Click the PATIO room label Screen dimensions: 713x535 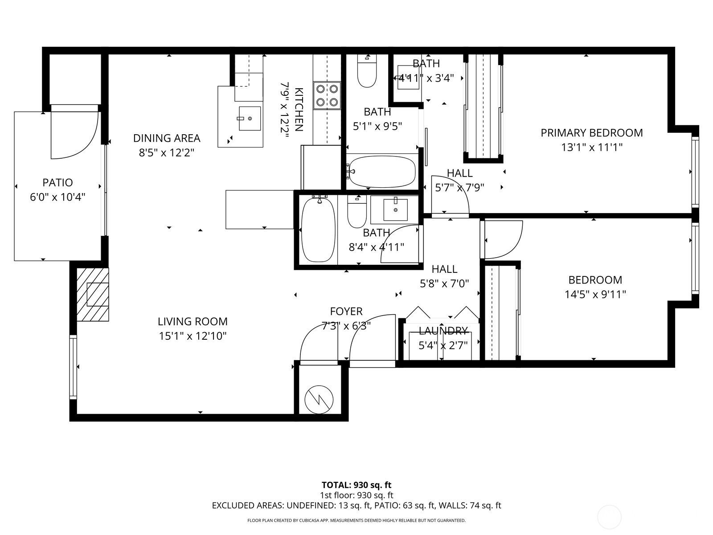click(x=57, y=182)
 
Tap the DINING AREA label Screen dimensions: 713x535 click(x=167, y=138)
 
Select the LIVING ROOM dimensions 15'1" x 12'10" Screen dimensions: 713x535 click(x=193, y=336)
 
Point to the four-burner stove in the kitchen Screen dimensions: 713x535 click(x=327, y=95)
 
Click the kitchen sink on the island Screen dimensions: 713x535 click(x=250, y=119)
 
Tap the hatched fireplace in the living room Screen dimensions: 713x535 click(x=93, y=294)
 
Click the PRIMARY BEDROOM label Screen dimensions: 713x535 click(x=591, y=133)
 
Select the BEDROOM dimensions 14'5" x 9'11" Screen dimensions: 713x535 click(x=595, y=294)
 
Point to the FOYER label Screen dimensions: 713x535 click(x=346, y=311)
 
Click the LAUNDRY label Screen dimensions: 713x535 click(x=443, y=331)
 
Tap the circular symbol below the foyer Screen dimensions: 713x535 click(x=319, y=399)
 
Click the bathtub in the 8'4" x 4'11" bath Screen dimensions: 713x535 click(x=318, y=230)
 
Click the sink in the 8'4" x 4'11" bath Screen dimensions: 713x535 click(x=395, y=210)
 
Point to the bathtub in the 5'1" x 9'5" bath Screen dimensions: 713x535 click(x=382, y=172)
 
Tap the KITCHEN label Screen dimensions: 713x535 click(x=299, y=109)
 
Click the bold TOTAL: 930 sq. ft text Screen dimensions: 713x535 click(x=356, y=485)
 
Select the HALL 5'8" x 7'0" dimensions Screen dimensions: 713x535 click(x=444, y=284)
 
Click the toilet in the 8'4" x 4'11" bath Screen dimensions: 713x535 click(x=356, y=211)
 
